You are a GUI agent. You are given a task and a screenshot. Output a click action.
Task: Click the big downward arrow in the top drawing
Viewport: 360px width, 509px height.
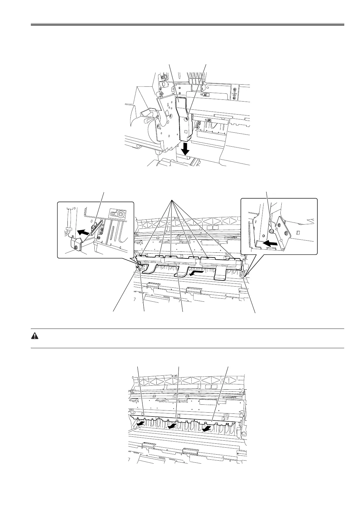(x=185, y=148)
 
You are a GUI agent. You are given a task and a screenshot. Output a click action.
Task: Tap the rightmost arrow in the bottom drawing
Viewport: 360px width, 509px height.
(x=207, y=429)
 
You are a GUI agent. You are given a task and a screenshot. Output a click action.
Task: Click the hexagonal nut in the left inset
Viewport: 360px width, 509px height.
(x=120, y=214)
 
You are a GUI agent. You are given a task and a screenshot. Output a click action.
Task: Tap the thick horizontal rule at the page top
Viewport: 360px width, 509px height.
(x=188, y=24)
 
